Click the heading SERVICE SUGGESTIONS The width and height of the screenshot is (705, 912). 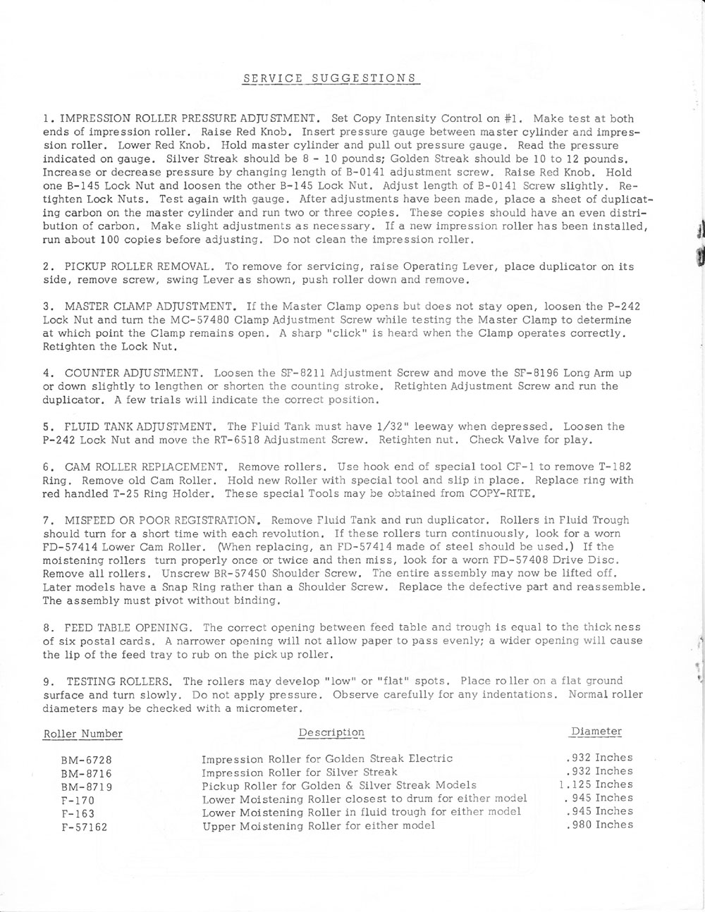click(329, 77)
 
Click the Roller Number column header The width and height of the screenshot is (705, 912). click(83, 734)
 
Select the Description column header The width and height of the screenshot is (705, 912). click(331, 732)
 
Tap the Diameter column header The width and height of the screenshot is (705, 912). click(596, 731)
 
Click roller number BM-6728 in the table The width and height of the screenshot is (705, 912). click(87, 760)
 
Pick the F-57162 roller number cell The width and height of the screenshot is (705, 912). click(85, 827)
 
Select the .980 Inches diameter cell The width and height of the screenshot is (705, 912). click(599, 825)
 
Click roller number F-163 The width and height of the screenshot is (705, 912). click(78, 813)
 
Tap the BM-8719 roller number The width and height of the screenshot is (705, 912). click(87, 787)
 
